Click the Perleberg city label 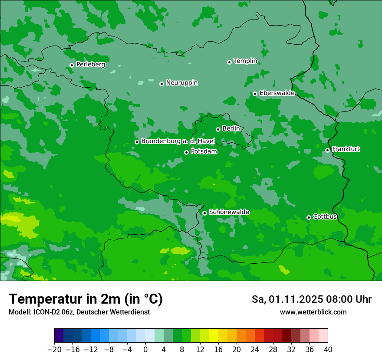click(90, 65)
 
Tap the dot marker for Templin click(229, 62)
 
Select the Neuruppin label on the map click(181, 83)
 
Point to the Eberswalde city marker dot click(255, 94)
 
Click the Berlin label click(231, 129)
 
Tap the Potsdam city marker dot click(186, 152)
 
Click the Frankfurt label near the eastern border click(346, 149)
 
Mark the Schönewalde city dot click(204, 213)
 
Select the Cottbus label click(325, 217)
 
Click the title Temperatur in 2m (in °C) click(86, 299)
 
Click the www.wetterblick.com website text click(313, 312)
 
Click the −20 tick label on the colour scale click(54, 350)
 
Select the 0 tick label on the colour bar click(145, 350)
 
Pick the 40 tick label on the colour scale click(328, 350)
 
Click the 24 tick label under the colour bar click(255, 350)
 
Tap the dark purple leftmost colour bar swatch click(59, 336)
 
